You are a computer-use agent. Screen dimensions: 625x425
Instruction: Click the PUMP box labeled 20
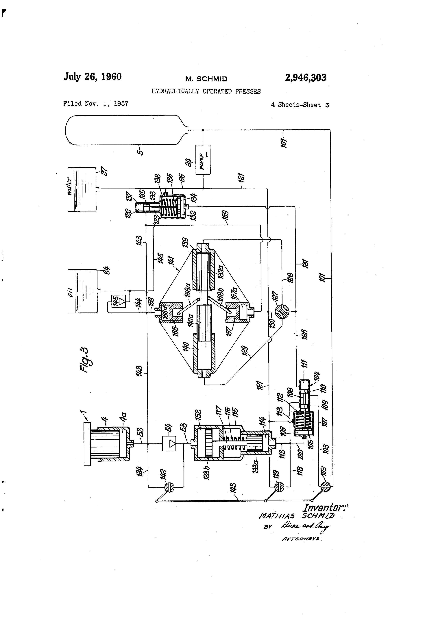coord(203,160)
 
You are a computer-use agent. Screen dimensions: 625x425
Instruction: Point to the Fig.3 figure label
coord(85,360)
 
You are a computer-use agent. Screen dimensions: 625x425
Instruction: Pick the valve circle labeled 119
coord(279,487)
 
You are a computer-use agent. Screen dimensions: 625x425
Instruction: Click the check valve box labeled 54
coord(169,443)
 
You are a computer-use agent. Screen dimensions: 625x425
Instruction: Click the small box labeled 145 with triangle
coord(119,301)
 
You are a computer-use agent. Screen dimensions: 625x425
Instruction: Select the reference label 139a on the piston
coord(221,271)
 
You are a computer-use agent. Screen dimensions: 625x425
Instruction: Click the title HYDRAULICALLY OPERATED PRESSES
coord(206,92)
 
